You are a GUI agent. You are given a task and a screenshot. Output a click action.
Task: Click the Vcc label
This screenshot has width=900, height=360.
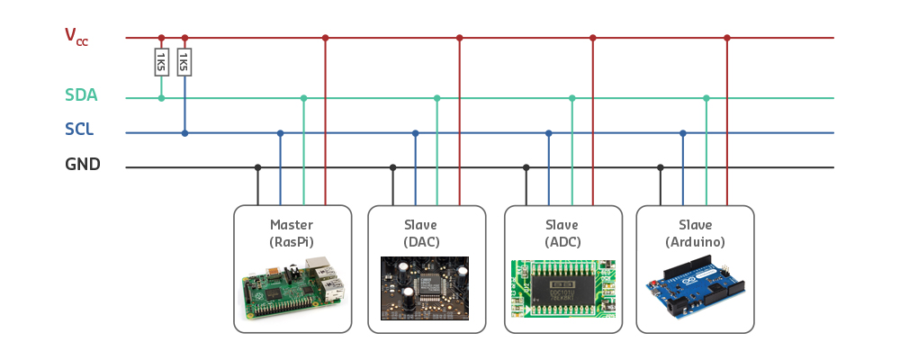(76, 36)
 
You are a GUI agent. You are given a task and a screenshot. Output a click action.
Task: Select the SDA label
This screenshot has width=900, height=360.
(81, 95)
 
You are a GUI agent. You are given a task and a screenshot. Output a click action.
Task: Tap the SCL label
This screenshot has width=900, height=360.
(79, 130)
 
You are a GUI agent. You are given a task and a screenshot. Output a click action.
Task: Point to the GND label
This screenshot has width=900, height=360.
(82, 165)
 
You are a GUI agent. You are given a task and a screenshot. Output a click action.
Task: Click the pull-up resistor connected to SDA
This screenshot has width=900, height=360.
(161, 61)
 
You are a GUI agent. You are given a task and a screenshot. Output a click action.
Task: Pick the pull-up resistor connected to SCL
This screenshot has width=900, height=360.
(184, 61)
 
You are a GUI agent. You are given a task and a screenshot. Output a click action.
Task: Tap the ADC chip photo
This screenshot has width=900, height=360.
(563, 288)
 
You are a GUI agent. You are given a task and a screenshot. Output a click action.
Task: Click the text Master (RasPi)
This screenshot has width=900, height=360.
(292, 233)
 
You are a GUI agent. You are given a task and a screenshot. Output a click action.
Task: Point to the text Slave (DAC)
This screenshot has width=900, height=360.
(427, 233)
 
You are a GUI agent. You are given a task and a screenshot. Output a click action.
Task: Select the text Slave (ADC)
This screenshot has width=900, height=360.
(562, 233)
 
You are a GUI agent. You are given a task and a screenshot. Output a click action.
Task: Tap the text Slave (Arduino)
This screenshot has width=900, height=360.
(695, 233)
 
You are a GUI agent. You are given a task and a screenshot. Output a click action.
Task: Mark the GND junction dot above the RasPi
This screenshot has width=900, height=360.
(258, 167)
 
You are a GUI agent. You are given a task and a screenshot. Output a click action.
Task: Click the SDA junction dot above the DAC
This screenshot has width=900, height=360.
(437, 98)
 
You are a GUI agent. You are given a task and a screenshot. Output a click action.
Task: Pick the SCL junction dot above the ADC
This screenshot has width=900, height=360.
(549, 133)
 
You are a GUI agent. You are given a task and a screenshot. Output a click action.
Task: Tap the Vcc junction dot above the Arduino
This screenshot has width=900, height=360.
(727, 38)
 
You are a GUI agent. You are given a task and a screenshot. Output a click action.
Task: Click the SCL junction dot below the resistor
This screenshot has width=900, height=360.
(184, 133)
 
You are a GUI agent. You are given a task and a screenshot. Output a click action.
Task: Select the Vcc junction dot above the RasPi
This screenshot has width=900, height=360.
(326, 38)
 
